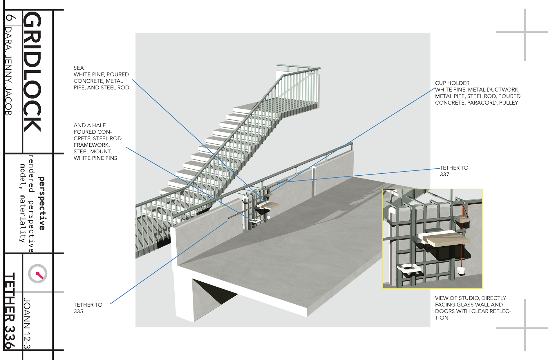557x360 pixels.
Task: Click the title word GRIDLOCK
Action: [x=32, y=72]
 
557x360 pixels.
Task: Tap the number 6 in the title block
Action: [x=10, y=18]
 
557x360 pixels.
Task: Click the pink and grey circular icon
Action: [x=38, y=274]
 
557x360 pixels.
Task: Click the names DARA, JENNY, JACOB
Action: [x=9, y=71]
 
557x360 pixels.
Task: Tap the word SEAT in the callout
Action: [x=80, y=68]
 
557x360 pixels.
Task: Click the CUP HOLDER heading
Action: [x=452, y=83]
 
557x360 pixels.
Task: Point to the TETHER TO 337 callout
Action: [x=453, y=171]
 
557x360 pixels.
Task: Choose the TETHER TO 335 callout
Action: [x=88, y=308]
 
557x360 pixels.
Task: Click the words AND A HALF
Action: [x=89, y=125]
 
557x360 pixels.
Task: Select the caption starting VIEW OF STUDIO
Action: [x=472, y=308]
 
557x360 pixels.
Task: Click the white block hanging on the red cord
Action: [x=461, y=271]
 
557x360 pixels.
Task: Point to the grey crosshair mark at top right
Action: [x=525, y=32]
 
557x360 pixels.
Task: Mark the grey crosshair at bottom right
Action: [x=525, y=328]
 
